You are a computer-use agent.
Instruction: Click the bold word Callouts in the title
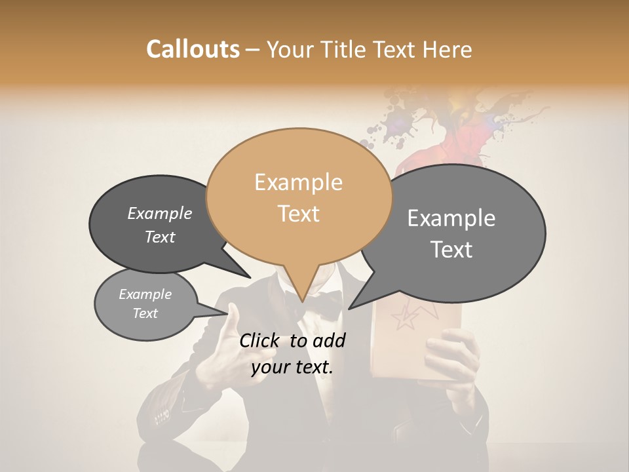pos(193,49)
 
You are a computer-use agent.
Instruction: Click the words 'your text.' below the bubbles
pos(292,367)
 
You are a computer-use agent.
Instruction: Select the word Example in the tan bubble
pos(298,182)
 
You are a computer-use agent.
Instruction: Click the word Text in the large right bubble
pos(451,249)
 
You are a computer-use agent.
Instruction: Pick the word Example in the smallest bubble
pos(145,294)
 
